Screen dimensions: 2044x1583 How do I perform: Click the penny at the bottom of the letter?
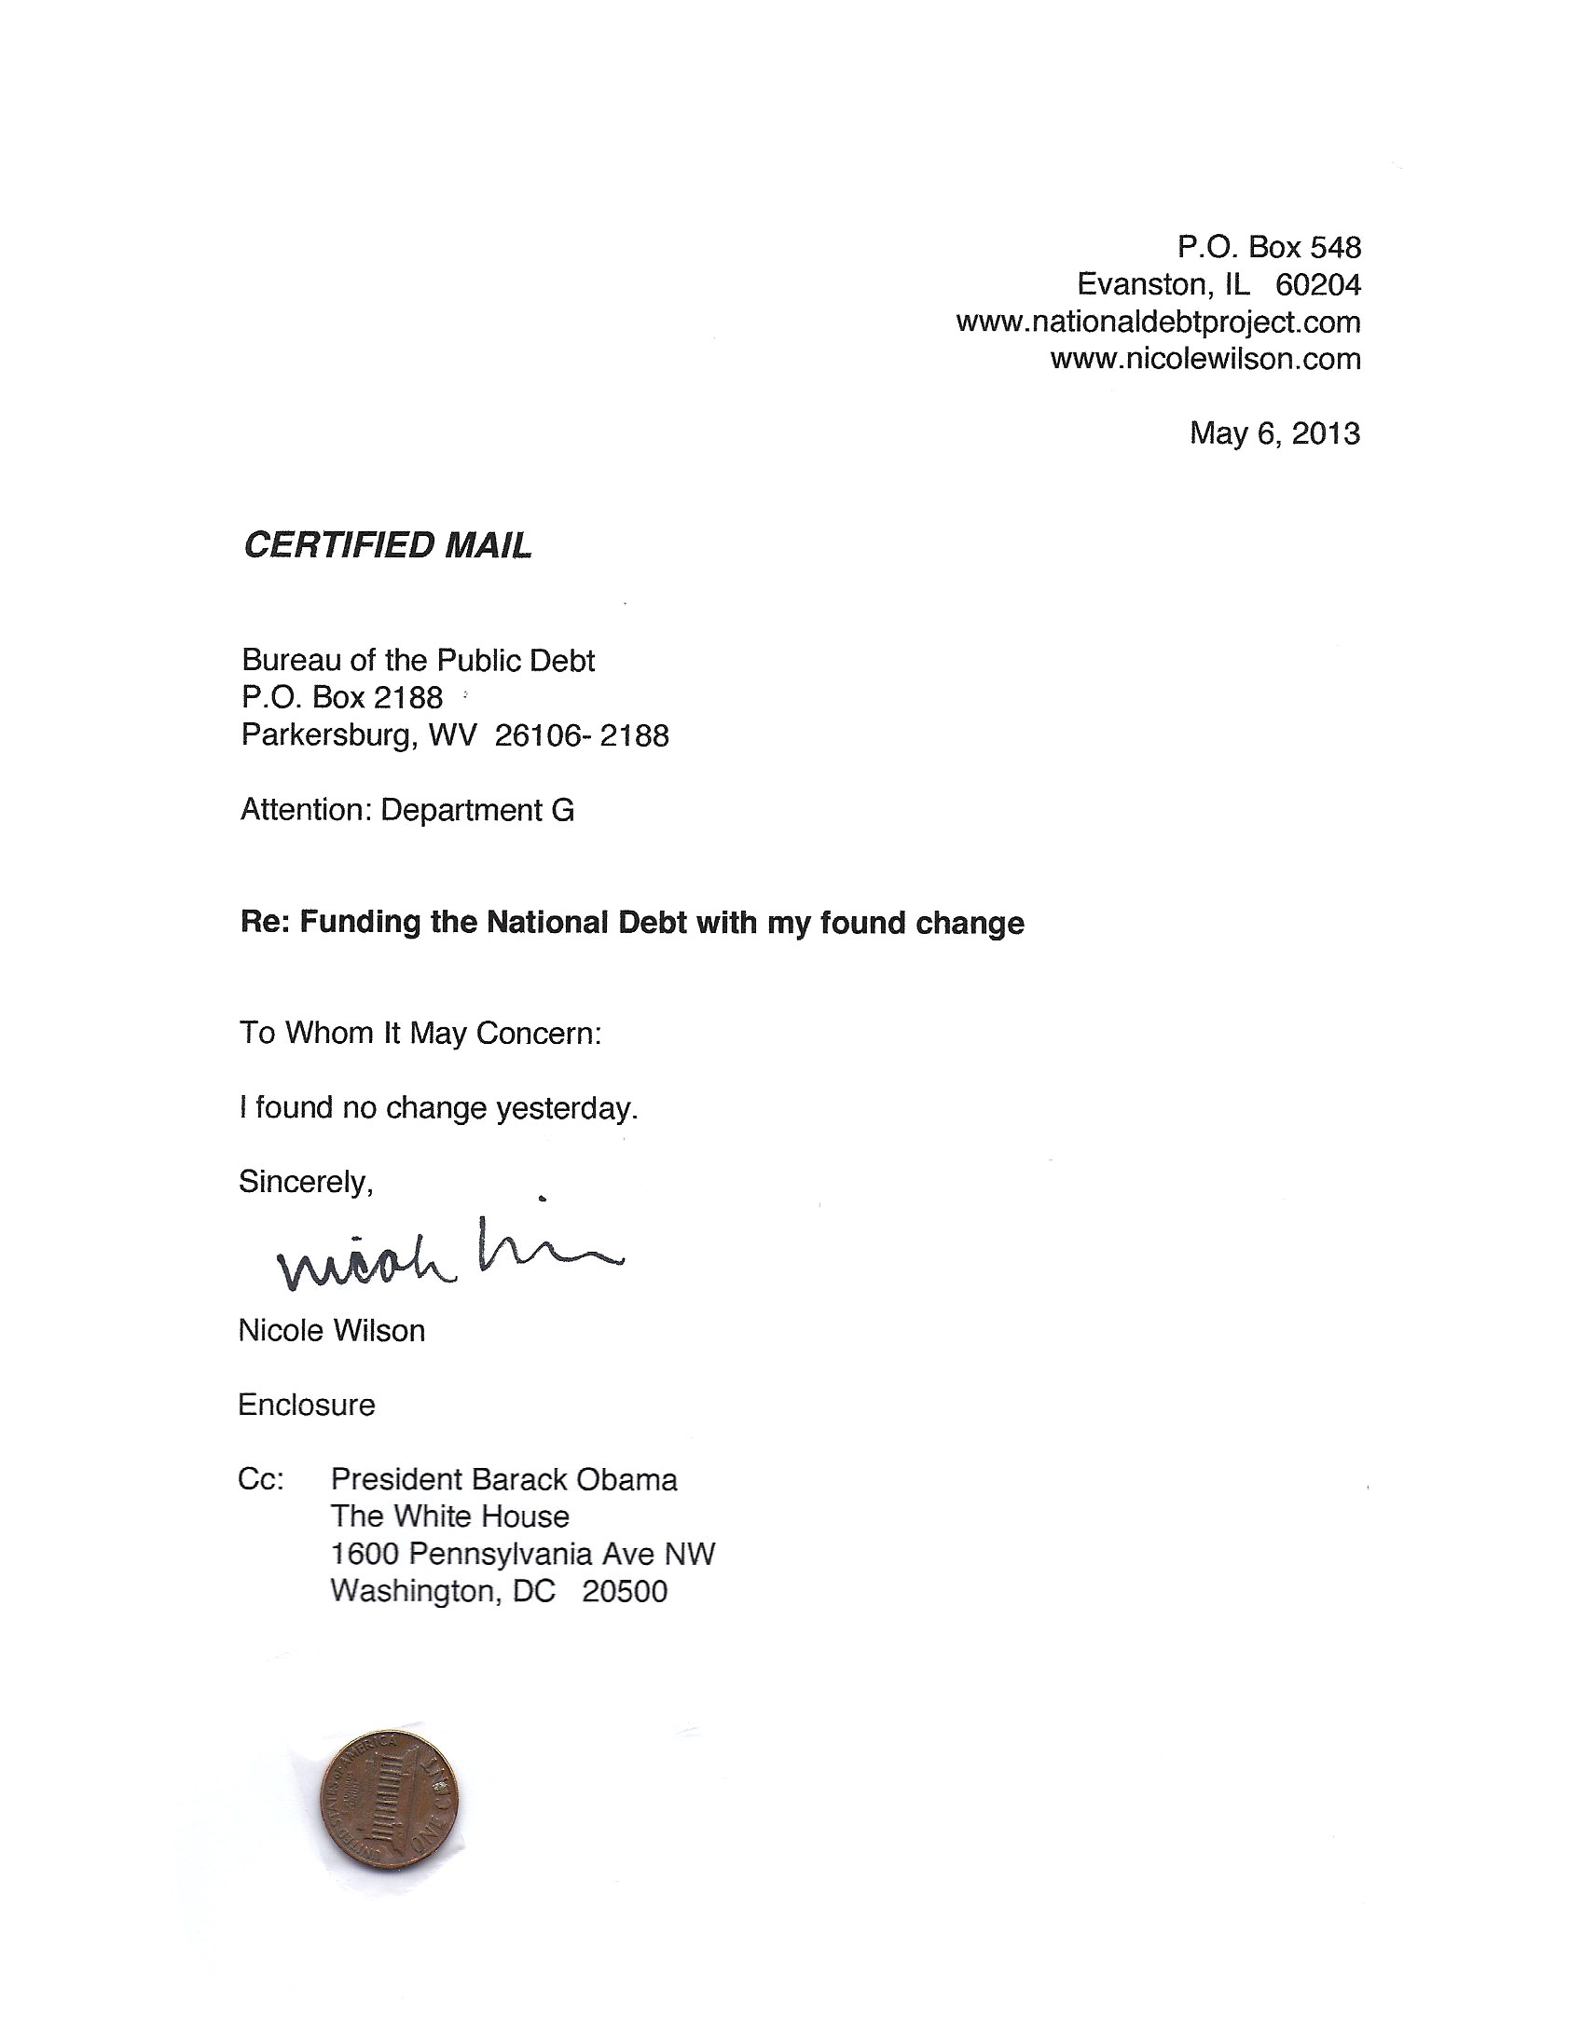coord(389,1800)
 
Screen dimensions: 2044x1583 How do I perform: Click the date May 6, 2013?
coord(1274,433)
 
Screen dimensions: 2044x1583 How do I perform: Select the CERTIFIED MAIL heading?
coord(388,545)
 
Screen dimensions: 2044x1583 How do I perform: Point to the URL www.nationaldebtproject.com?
coord(1158,322)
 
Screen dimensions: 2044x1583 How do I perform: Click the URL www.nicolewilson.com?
coord(1204,359)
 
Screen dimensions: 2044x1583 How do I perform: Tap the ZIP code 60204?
coord(1317,284)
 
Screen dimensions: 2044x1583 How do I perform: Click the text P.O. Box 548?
coord(1269,247)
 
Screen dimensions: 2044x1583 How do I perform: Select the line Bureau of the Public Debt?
coord(419,661)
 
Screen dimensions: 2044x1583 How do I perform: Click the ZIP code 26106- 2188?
coord(582,735)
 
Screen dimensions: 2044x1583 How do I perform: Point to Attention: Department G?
coord(407,811)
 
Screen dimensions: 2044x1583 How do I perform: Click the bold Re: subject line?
coord(632,923)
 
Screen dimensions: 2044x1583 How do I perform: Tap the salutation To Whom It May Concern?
coord(420,1034)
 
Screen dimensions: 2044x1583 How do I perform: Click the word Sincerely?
coord(306,1182)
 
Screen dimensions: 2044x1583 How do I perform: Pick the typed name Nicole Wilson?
coord(331,1331)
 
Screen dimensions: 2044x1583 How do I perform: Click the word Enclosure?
coord(306,1405)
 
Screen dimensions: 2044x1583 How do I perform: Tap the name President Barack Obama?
coord(503,1480)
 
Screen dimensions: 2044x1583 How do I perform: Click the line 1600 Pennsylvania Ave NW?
coord(522,1555)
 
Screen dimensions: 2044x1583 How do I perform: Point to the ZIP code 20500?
coord(625,1592)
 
